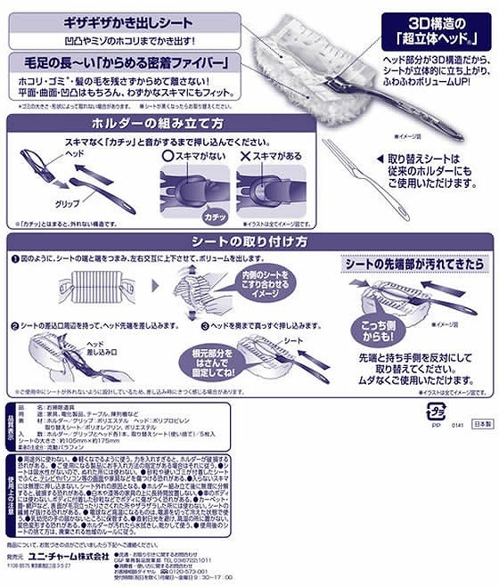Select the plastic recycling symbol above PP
point(436,412)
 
